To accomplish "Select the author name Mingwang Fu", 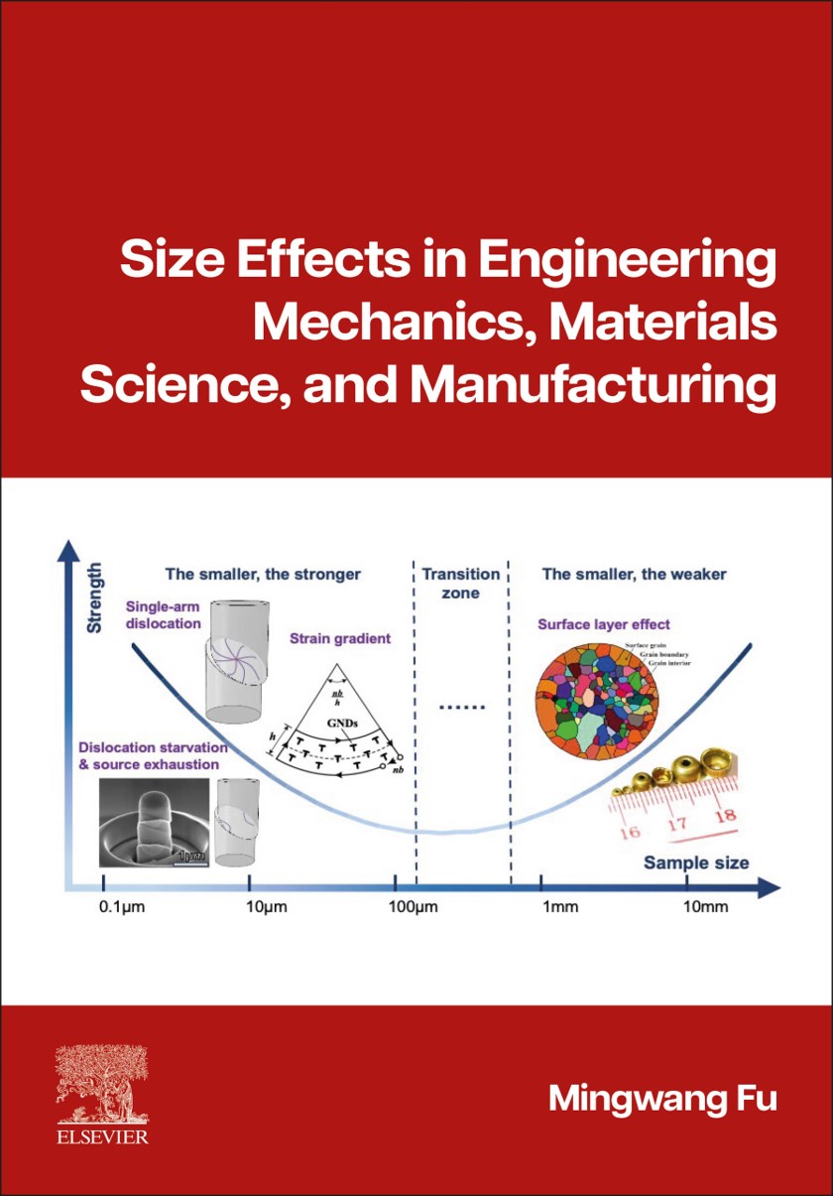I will (662, 1099).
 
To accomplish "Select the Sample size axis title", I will (696, 862).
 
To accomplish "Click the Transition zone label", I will (461, 584).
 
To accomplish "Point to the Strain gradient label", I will (341, 638).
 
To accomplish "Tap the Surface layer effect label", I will (604, 624).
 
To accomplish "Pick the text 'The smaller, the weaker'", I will (635, 574).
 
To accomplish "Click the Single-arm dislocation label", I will (164, 614).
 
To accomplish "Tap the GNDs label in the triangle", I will (342, 725).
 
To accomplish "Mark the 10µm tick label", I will (265, 907).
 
